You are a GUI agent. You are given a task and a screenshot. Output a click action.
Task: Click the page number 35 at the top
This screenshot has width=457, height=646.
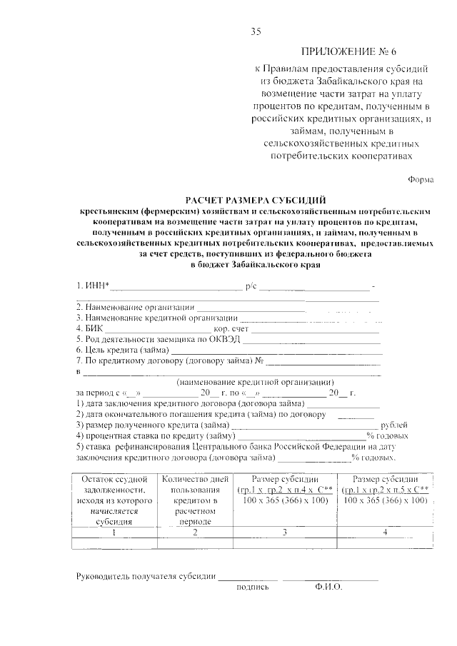(x=256, y=30)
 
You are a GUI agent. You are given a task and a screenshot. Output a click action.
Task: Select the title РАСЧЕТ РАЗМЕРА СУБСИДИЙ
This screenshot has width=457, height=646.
(x=256, y=201)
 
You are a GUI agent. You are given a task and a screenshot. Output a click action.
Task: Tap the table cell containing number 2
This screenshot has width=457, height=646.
(x=194, y=532)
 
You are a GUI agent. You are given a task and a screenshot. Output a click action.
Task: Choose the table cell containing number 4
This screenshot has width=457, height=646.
(x=385, y=532)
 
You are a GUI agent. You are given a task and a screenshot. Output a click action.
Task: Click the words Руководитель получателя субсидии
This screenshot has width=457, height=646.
(x=146, y=577)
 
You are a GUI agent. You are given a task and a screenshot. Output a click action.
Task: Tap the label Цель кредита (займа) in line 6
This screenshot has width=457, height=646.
(x=122, y=350)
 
